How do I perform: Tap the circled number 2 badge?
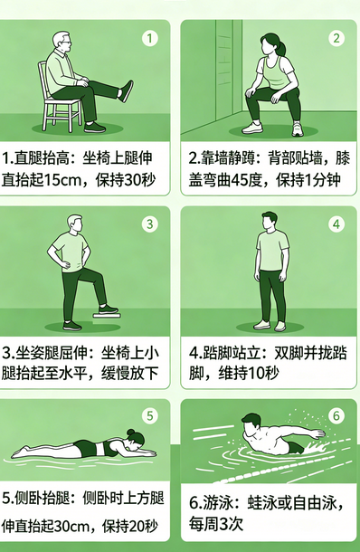click(x=336, y=38)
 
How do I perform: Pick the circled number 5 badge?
click(x=150, y=417)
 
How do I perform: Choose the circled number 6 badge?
click(x=336, y=416)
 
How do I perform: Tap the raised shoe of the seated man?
click(x=126, y=90)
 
